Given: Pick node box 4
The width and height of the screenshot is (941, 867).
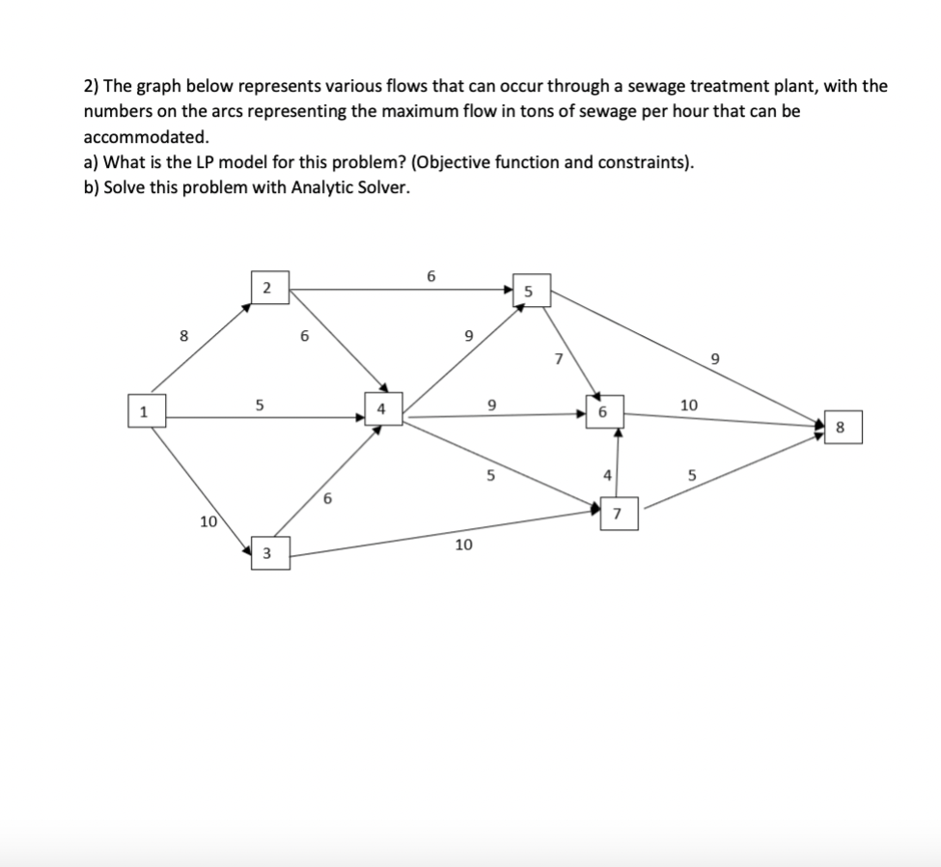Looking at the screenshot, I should coord(381,407).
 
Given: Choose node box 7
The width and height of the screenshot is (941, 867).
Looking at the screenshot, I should coord(617,513).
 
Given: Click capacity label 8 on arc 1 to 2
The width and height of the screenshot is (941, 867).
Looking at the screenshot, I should coord(182,336).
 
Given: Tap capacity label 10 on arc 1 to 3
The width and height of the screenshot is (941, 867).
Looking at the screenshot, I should coord(208,522).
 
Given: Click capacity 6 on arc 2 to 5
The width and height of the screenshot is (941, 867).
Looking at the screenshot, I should coord(430,276).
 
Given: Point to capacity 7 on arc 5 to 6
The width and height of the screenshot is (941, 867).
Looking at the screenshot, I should coord(558,360).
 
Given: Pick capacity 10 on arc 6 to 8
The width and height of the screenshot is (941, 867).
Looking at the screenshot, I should coord(688,406).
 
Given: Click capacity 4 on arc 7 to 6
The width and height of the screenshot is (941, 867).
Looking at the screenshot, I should coord(606,474).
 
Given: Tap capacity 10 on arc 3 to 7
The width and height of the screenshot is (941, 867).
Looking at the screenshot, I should coord(463,545).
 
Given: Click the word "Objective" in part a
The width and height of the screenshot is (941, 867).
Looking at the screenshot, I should coord(534,161).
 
